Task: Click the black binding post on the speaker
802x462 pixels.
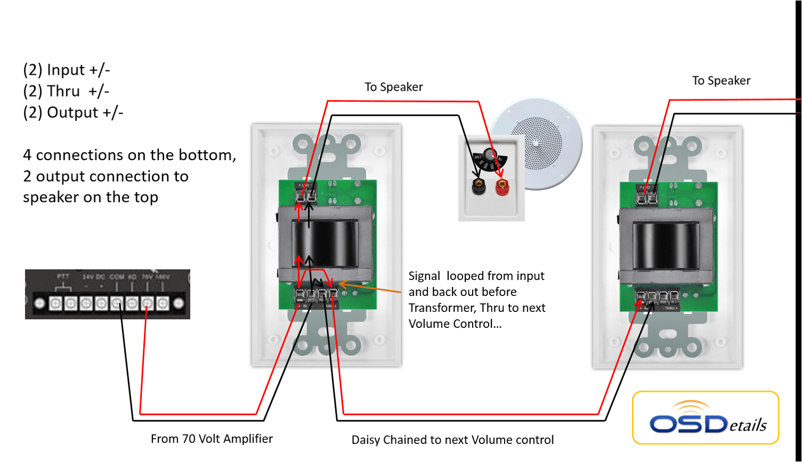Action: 479,186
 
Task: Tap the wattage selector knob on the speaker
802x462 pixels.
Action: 490,155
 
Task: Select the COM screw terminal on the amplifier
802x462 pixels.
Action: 117,303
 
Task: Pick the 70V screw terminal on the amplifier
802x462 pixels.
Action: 147,303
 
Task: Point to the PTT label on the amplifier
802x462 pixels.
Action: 63,276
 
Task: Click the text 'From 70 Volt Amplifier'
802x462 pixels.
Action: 211,439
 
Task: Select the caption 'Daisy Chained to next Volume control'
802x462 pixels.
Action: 453,440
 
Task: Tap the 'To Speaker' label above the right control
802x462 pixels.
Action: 721,81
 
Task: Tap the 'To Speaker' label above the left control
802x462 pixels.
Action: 394,87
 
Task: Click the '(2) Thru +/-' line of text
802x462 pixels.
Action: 66,91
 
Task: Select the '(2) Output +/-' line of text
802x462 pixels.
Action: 73,112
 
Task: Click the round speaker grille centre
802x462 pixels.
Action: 536,143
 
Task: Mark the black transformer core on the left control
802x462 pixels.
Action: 325,244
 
